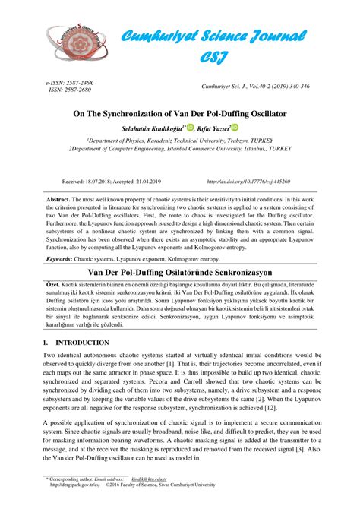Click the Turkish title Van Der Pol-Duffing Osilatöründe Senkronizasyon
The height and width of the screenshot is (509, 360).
[x=179, y=271]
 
